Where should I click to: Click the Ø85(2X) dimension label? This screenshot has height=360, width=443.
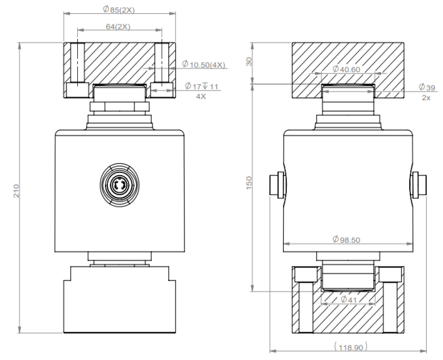[119, 9]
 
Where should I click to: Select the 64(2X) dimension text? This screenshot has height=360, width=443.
[118, 26]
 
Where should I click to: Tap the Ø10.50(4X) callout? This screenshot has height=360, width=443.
[204, 65]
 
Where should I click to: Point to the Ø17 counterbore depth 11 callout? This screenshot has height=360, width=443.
[201, 86]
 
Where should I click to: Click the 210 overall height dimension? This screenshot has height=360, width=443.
[16, 191]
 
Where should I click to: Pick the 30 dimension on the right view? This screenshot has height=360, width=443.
[249, 61]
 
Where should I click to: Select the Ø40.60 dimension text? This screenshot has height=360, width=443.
[346, 69]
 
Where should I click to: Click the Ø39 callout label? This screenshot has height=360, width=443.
[427, 87]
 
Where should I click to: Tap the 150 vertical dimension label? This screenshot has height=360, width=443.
[249, 183]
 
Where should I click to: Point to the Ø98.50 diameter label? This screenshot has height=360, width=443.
[346, 240]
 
